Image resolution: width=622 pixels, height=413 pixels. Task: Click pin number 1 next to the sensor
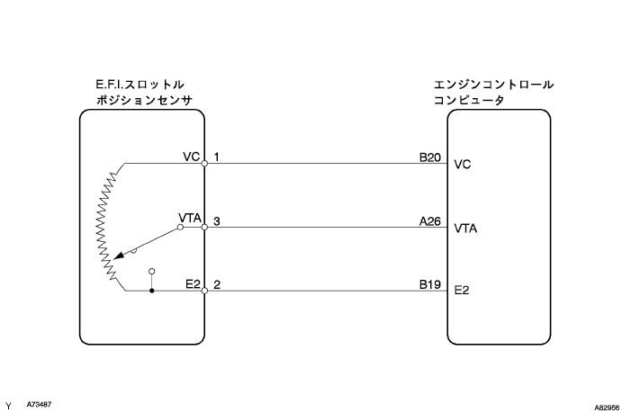tap(217, 156)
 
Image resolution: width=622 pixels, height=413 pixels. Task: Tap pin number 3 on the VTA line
tap(217, 220)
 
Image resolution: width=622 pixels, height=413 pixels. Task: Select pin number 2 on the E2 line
tap(217, 283)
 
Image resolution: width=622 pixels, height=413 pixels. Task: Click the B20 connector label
tap(428, 156)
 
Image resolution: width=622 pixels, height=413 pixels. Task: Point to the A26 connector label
tap(428, 220)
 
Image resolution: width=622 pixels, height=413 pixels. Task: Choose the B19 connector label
tap(428, 283)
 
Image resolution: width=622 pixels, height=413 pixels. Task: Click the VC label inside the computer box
tap(463, 165)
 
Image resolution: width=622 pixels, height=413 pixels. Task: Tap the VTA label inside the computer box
tap(466, 229)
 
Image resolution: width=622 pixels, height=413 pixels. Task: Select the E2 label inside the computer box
tap(462, 292)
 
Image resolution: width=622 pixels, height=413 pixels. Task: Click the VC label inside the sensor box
tap(190, 156)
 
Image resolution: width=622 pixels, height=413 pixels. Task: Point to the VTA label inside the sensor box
tap(189, 219)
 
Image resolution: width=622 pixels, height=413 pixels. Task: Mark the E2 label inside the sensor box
tap(192, 283)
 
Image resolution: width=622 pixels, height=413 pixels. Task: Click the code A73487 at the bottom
tap(40, 404)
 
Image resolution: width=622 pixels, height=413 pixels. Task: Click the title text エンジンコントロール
tap(493, 85)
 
